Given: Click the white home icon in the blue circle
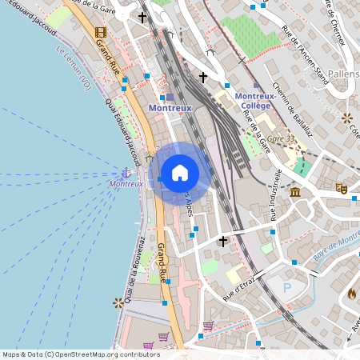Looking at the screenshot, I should pyautogui.click(x=180, y=172).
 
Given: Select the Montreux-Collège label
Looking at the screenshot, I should pyautogui.click(x=255, y=101).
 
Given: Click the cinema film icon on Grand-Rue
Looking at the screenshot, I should pyautogui.click(x=99, y=33).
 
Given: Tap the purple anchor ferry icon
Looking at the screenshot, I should pyautogui.click(x=126, y=172).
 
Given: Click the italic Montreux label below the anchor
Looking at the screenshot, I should pyautogui.click(x=126, y=184).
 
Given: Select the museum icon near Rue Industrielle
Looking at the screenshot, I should pyautogui.click(x=295, y=192).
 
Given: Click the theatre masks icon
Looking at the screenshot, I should pyautogui.click(x=340, y=189).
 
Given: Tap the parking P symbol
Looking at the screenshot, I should pyautogui.click(x=287, y=287).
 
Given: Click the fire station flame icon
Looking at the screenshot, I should pyautogui.click(x=351, y=294).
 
